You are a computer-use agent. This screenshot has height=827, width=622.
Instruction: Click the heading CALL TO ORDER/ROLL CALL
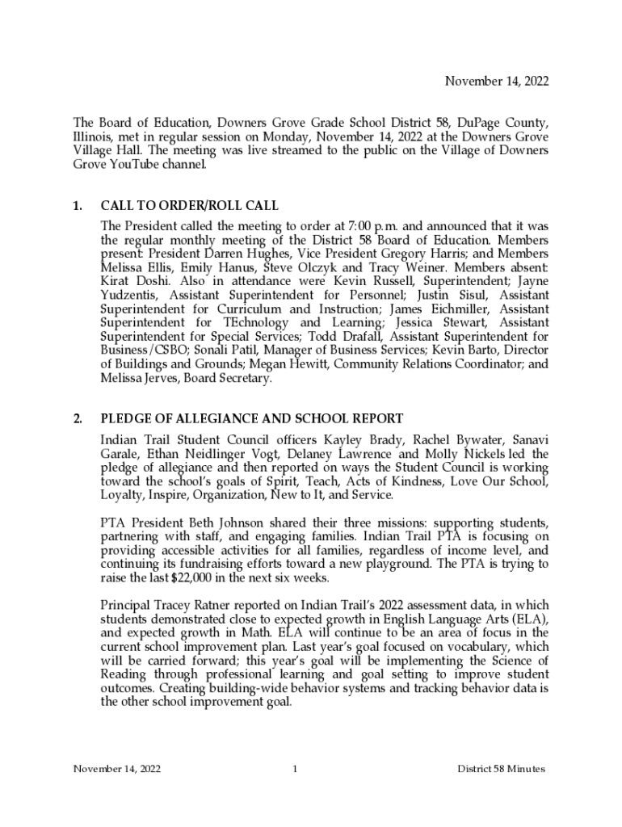tap(189, 206)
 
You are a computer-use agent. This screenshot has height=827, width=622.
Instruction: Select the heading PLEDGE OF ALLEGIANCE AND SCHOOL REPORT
tap(251, 418)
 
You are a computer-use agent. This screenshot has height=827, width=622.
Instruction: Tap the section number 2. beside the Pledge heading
tap(78, 418)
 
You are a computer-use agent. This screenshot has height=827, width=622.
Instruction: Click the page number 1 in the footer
tap(295, 769)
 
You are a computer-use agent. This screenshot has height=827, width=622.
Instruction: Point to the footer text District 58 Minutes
tap(501, 769)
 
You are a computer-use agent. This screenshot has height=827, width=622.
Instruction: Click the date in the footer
tap(117, 769)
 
